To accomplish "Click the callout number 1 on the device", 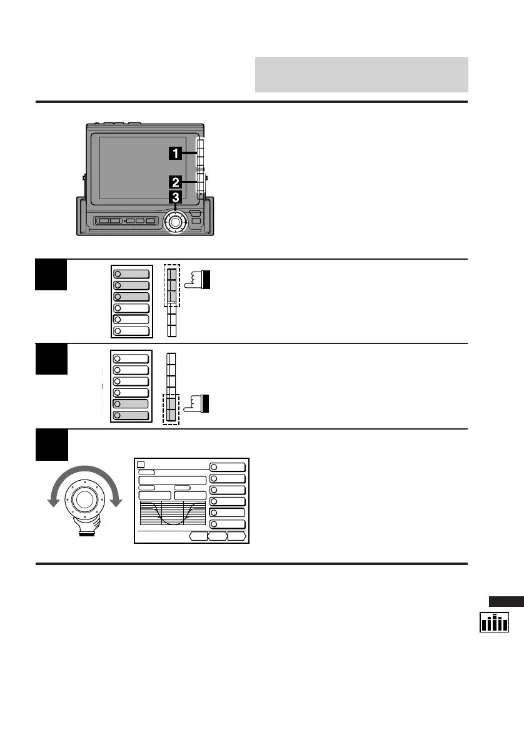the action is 177,152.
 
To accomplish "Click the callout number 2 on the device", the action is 176,182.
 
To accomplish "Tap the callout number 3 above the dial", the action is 176,198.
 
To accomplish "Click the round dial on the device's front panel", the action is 175,222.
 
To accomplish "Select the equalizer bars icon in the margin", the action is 494,622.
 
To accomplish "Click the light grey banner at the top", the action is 361,74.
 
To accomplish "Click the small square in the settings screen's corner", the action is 141,465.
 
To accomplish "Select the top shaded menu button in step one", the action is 131,273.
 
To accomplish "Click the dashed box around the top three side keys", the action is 171,285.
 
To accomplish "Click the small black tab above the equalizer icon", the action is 506,602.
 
